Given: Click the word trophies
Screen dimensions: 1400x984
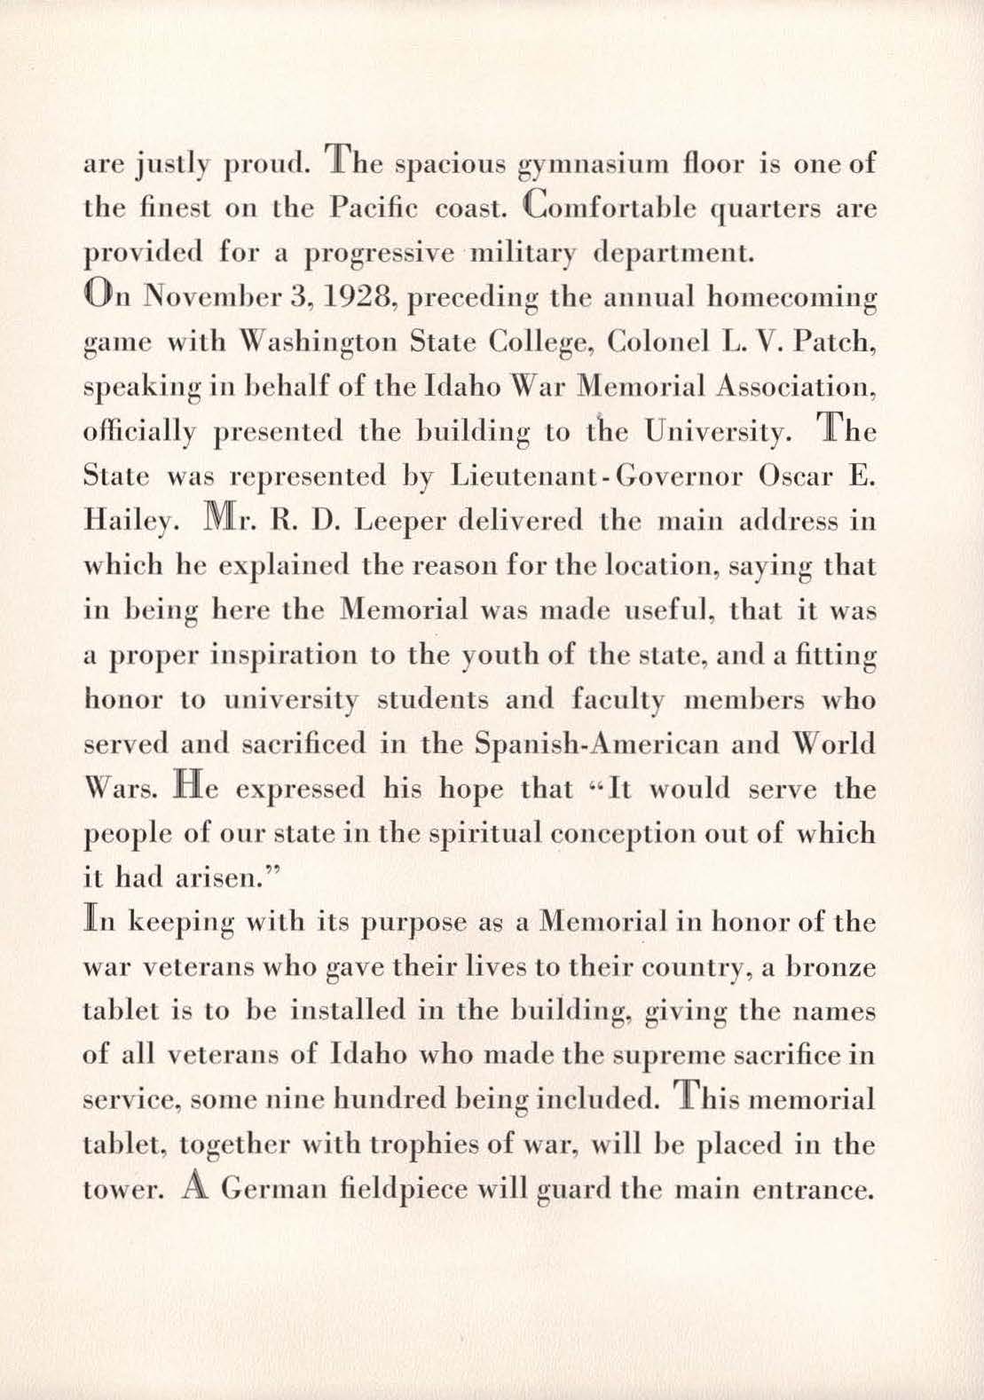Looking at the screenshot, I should (407, 1145).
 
